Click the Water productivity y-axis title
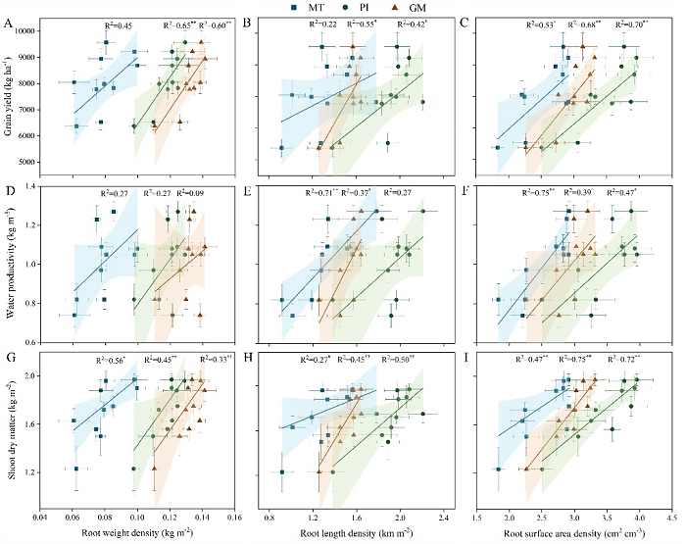pyautogui.click(x=9, y=264)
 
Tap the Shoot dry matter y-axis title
pyautogui.click(x=9, y=434)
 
